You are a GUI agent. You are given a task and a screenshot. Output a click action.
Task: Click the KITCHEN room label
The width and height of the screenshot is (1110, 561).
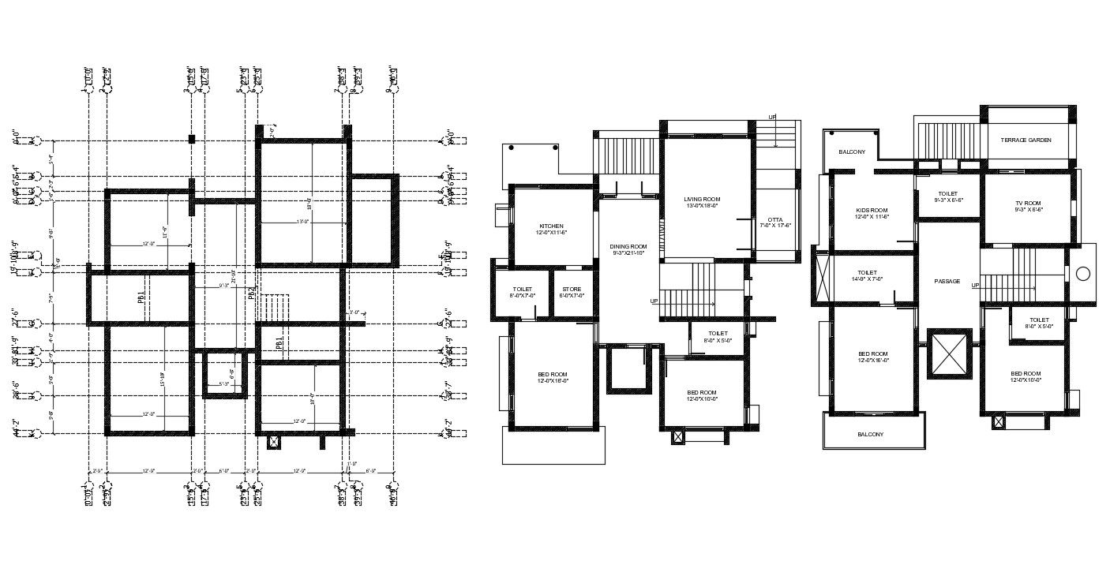pos(551,226)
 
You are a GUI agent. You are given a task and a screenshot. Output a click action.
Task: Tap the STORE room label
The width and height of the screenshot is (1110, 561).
pos(572,289)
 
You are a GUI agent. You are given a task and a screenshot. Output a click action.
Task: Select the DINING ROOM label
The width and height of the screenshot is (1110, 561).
pos(628,246)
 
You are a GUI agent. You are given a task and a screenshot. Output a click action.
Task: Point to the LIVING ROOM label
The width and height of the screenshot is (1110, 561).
pos(703,200)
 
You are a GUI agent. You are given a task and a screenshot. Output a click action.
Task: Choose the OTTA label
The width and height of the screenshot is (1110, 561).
pos(774,220)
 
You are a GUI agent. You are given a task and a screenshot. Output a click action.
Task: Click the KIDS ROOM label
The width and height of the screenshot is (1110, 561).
pos(872,210)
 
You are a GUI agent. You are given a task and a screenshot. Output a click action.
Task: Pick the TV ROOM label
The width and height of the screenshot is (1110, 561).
pos(1028,204)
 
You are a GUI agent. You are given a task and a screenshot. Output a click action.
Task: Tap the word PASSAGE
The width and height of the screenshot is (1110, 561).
pos(947,281)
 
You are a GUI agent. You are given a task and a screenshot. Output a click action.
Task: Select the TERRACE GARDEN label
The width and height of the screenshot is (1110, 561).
pos(1026,140)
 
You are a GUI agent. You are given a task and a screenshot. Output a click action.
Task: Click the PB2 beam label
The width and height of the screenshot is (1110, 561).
pos(252,294)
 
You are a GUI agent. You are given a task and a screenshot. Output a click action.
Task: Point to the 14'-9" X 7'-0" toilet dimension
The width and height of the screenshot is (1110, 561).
pos(867,279)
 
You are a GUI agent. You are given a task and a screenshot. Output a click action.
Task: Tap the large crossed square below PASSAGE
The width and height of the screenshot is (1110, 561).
pos(948,353)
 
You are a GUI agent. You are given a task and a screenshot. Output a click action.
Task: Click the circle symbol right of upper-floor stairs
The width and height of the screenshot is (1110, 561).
pos(1083,274)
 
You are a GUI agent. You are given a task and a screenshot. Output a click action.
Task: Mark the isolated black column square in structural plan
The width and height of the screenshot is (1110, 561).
pos(192,140)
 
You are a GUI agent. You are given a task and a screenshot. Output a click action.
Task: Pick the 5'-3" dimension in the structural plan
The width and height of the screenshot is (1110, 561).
pos(223,385)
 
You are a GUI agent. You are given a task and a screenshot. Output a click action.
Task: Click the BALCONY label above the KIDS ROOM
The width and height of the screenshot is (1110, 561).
pos(852,151)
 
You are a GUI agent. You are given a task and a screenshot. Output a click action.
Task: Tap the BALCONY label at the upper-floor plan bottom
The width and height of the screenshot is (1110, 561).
pos(870,434)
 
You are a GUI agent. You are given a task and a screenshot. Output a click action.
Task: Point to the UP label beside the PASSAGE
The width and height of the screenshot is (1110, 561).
pos(976,285)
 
